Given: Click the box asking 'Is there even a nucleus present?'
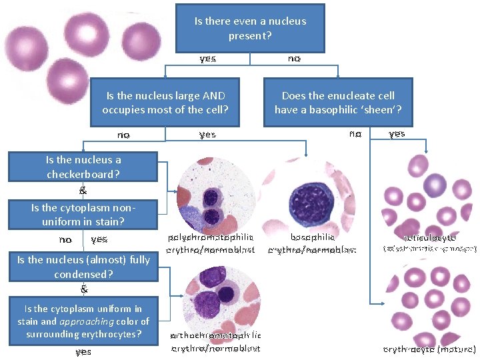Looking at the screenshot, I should click(250, 28).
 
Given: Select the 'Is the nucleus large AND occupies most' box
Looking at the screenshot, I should click(165, 103).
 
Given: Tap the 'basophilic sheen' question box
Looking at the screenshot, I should click(338, 103).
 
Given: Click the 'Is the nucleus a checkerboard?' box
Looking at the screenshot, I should click(83, 167).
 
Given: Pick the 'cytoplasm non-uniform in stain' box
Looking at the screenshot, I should click(83, 214).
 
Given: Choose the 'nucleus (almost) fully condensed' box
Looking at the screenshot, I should click(83, 267).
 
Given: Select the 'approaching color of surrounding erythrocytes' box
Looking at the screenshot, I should click(83, 321).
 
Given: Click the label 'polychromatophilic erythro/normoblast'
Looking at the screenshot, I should click(211, 243).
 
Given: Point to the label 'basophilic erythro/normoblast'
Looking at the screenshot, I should click(312, 243).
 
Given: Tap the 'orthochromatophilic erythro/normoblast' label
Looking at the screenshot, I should click(215, 341).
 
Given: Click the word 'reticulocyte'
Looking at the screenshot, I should click(430, 237).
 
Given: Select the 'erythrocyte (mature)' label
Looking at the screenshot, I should click(429, 349).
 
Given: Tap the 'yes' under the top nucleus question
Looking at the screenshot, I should click(207, 59).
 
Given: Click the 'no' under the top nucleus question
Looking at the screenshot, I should click(294, 59).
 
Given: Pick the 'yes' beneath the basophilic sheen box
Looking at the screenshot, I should click(397, 133).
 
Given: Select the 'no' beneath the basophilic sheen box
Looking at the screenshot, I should click(355, 133).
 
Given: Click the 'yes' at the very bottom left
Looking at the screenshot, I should click(83, 351).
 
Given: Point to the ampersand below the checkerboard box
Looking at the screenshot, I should click(83, 190).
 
